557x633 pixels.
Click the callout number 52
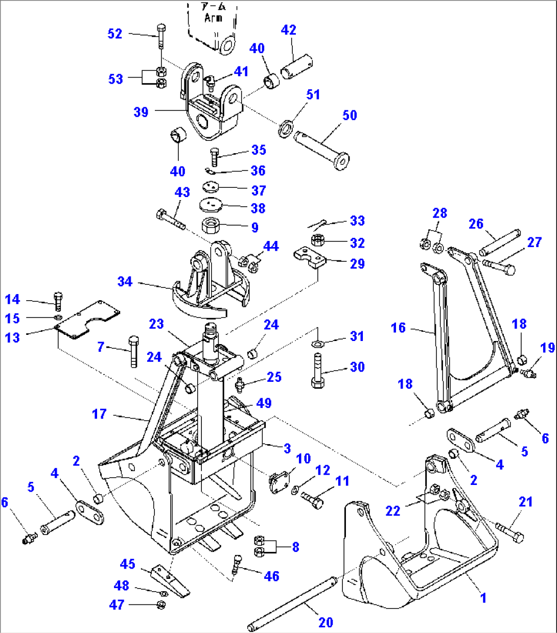tap(115, 34)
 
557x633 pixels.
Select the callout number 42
tap(288, 30)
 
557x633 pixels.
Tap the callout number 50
tap(350, 115)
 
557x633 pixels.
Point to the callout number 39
tap(141, 112)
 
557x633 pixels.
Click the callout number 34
tap(125, 282)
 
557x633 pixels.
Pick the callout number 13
tap(12, 337)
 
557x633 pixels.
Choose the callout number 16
tap(398, 328)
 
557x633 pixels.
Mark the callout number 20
tap(326, 622)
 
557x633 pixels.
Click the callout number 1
tap(483, 598)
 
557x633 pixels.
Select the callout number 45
tap(127, 564)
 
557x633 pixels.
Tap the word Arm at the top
tap(213, 18)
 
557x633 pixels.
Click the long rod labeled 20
tap(291, 602)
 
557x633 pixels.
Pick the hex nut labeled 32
tap(316, 240)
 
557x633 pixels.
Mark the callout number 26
tap(476, 224)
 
